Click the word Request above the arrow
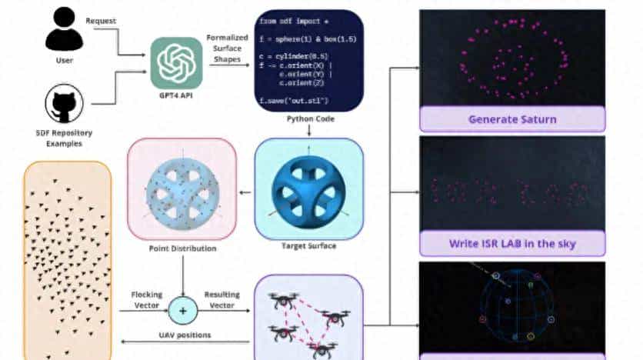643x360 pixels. click(x=100, y=21)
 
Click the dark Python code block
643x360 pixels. click(x=308, y=60)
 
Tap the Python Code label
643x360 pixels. click(x=308, y=119)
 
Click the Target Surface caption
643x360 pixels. click(x=308, y=246)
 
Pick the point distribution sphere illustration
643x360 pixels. click(x=182, y=189)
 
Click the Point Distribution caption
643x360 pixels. click(x=182, y=248)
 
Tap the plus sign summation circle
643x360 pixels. click(x=182, y=311)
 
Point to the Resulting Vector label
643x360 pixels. click(x=223, y=299)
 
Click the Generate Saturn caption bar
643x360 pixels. click(x=512, y=120)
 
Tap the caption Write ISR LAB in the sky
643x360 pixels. click(x=512, y=245)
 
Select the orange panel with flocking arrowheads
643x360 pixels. click(x=67, y=262)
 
